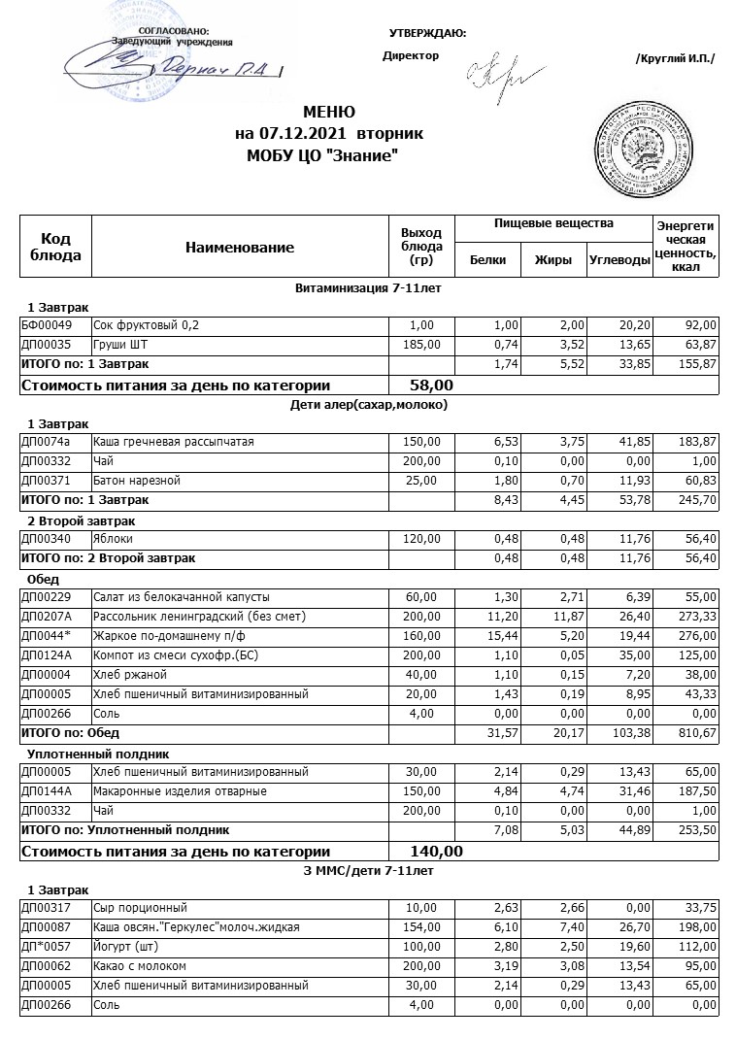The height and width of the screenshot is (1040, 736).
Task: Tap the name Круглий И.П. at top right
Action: tap(675, 59)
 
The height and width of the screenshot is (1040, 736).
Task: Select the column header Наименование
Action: tap(240, 248)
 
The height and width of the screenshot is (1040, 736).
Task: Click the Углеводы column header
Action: tap(619, 259)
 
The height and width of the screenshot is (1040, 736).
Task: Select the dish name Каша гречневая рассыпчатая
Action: tap(173, 442)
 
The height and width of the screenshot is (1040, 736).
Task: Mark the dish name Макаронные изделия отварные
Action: tap(166, 791)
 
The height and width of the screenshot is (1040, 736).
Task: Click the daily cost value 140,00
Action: tap(437, 852)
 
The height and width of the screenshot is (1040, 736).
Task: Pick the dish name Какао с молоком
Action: tap(139, 966)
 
